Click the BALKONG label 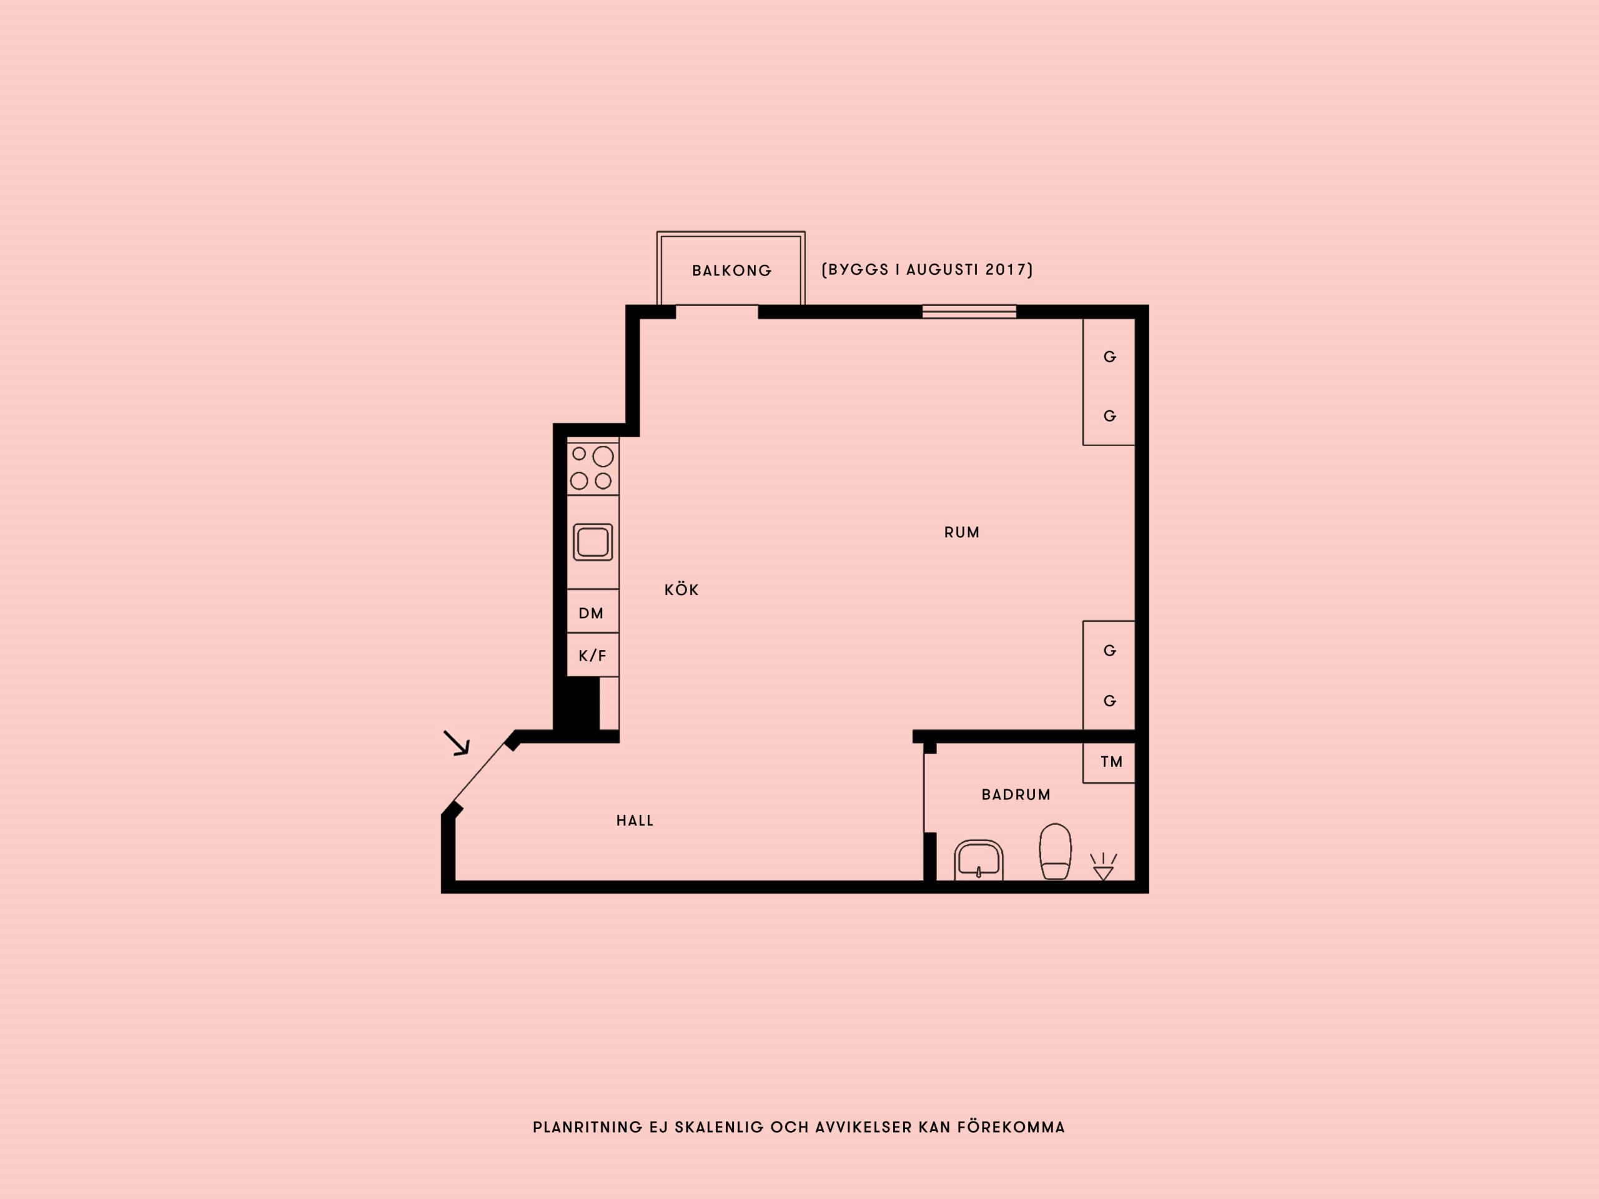(x=731, y=270)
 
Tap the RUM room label (x=961, y=533)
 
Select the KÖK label (x=681, y=590)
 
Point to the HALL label (x=635, y=821)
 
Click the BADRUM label (x=1016, y=795)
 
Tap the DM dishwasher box (x=593, y=611)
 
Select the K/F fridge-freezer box (x=593, y=655)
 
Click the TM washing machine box (x=1109, y=762)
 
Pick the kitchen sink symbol (x=593, y=542)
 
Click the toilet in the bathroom (x=1056, y=851)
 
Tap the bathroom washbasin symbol (x=978, y=860)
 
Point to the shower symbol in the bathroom (x=1103, y=867)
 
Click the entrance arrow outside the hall (x=456, y=743)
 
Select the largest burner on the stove (x=603, y=456)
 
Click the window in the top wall (x=969, y=312)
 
